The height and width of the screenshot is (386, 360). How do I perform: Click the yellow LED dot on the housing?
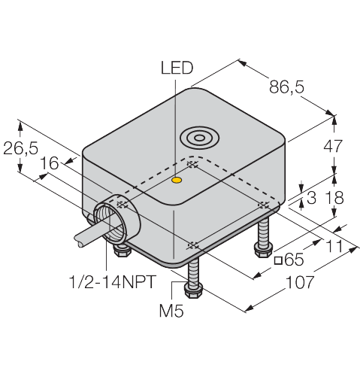click(177, 180)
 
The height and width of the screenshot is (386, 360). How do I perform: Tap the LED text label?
click(177, 68)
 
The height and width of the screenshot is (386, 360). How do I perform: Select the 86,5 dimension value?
click(286, 87)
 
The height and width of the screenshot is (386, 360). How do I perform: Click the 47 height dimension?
click(333, 146)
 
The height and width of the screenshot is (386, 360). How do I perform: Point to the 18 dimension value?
click(334, 197)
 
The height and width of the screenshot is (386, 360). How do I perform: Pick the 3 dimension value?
click(311, 198)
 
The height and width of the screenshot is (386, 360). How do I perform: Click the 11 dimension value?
click(334, 246)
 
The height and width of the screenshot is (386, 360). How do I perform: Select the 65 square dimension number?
click(295, 260)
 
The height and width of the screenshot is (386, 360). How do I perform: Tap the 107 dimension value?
click(300, 282)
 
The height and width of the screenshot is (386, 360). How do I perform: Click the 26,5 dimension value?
click(21, 148)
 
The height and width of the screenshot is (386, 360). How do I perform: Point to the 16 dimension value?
click(50, 163)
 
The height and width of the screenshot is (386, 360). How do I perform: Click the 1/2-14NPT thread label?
click(113, 281)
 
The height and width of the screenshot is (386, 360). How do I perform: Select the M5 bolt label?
click(171, 311)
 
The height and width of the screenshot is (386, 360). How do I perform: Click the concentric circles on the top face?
click(200, 138)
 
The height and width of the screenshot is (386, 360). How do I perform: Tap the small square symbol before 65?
click(278, 260)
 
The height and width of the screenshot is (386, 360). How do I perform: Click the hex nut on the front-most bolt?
click(193, 291)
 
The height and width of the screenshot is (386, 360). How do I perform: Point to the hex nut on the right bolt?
click(264, 249)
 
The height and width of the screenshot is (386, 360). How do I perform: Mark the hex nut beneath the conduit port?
click(122, 250)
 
